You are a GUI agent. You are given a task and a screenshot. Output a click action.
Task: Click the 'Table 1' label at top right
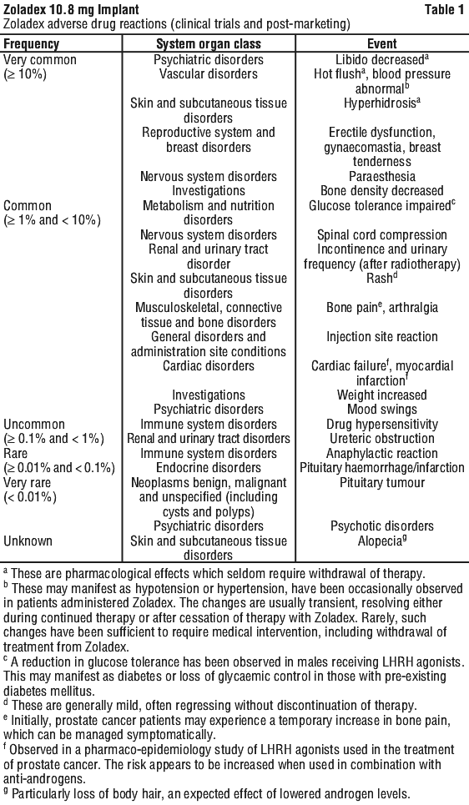(444, 9)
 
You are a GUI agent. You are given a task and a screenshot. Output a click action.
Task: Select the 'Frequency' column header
(32, 43)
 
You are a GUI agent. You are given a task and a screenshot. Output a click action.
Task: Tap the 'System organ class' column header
(209, 43)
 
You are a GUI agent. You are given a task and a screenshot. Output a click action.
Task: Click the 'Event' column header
(382, 43)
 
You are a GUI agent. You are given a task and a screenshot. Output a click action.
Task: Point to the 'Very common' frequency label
(39, 59)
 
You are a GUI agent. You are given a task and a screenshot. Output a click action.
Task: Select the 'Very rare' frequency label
(28, 483)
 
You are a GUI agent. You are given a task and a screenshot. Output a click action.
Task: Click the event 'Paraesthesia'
(382, 177)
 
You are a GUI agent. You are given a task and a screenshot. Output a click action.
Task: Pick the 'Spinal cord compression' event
(382, 235)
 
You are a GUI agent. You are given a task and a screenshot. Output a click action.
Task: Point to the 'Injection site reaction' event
(382, 337)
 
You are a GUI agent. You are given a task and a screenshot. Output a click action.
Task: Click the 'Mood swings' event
(382, 410)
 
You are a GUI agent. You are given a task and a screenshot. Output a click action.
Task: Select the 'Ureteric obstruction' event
(382, 439)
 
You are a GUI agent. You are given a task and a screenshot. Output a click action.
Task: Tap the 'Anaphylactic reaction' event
(382, 454)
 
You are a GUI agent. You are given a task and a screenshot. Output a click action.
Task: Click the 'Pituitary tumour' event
(382, 483)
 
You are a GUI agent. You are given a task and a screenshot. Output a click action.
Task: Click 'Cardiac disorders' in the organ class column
(209, 366)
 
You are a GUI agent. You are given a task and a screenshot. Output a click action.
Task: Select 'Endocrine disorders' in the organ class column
(209, 468)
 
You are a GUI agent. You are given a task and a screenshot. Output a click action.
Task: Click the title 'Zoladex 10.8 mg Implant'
(71, 9)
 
